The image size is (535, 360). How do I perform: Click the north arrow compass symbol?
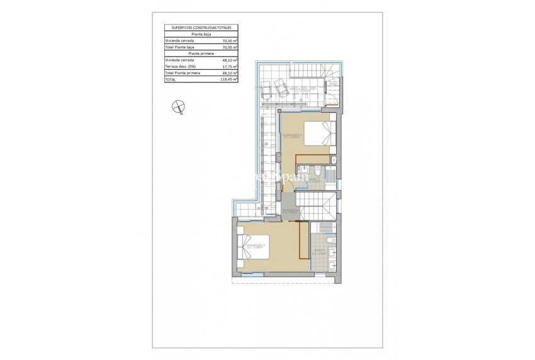click(x=179, y=107)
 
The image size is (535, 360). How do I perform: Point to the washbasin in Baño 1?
click(x=303, y=171)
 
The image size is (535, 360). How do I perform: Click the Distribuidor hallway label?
click(x=290, y=211)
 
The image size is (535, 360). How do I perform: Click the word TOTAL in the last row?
click(x=171, y=80)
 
